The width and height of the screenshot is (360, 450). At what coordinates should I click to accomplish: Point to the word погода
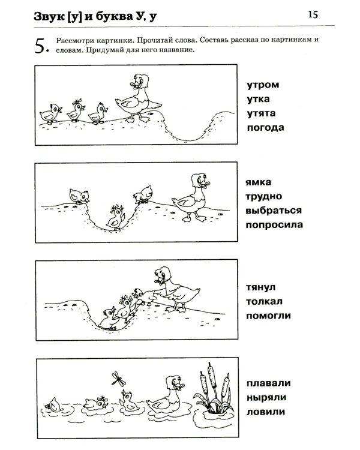(264, 128)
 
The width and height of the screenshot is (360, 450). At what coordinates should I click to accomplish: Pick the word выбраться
(274, 210)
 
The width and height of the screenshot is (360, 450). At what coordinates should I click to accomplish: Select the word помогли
(268, 314)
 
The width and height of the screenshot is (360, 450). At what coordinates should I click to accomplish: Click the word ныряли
(265, 397)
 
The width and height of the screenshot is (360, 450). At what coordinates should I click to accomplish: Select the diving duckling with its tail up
(53, 406)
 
